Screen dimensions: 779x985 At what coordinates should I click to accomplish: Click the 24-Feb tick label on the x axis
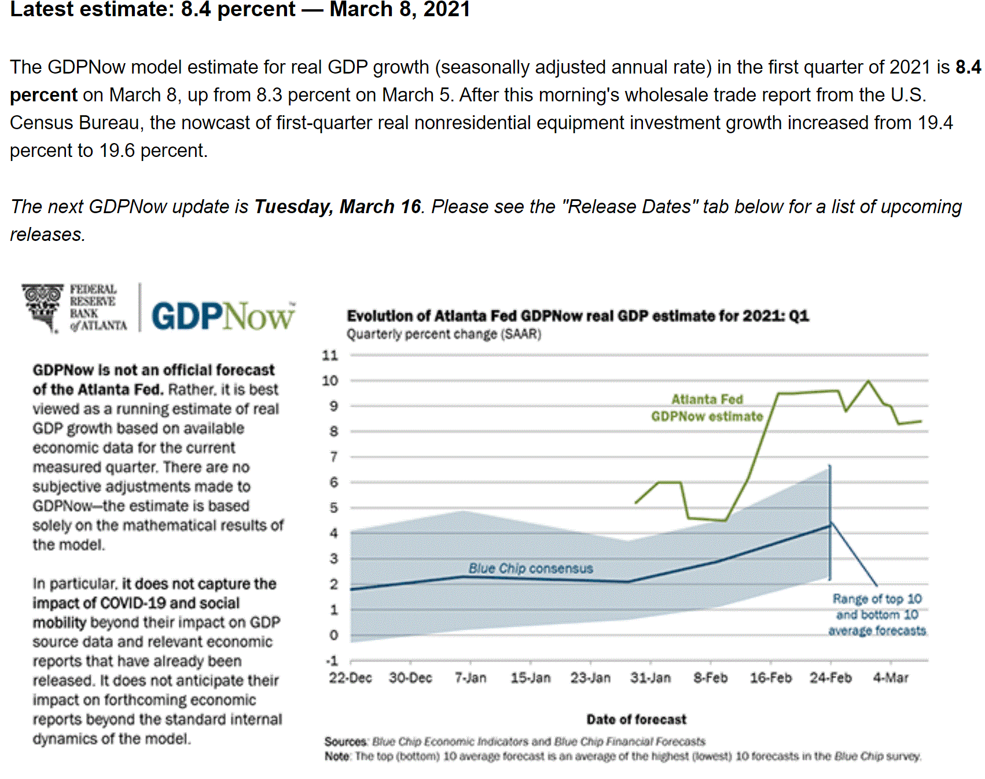point(830,678)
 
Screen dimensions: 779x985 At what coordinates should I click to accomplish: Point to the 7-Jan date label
point(471,678)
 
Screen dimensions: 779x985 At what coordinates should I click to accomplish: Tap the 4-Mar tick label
point(891,678)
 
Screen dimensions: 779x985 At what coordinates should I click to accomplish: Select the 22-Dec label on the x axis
point(350,678)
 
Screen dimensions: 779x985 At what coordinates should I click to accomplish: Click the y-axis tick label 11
point(330,355)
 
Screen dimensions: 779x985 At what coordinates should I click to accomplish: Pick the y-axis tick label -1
point(332,661)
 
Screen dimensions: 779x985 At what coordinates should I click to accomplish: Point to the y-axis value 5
point(334,508)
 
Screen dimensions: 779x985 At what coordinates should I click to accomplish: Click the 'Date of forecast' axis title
point(636,719)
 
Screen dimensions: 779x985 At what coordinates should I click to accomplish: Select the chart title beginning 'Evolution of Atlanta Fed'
point(578,316)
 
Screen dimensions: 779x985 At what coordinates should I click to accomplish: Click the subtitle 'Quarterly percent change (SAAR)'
point(444,334)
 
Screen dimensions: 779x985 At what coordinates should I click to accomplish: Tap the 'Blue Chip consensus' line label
point(531,568)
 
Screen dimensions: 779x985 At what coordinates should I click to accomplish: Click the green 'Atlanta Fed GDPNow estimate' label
point(707,408)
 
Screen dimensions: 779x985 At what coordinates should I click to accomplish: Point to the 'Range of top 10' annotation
point(877,599)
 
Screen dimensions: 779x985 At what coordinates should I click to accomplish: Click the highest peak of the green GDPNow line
point(868,381)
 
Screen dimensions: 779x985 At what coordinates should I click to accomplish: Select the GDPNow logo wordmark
point(223,316)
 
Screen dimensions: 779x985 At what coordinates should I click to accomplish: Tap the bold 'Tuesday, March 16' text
point(337,206)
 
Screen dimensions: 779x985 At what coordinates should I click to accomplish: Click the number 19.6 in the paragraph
point(117,151)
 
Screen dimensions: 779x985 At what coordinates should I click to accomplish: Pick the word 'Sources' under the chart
point(346,741)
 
